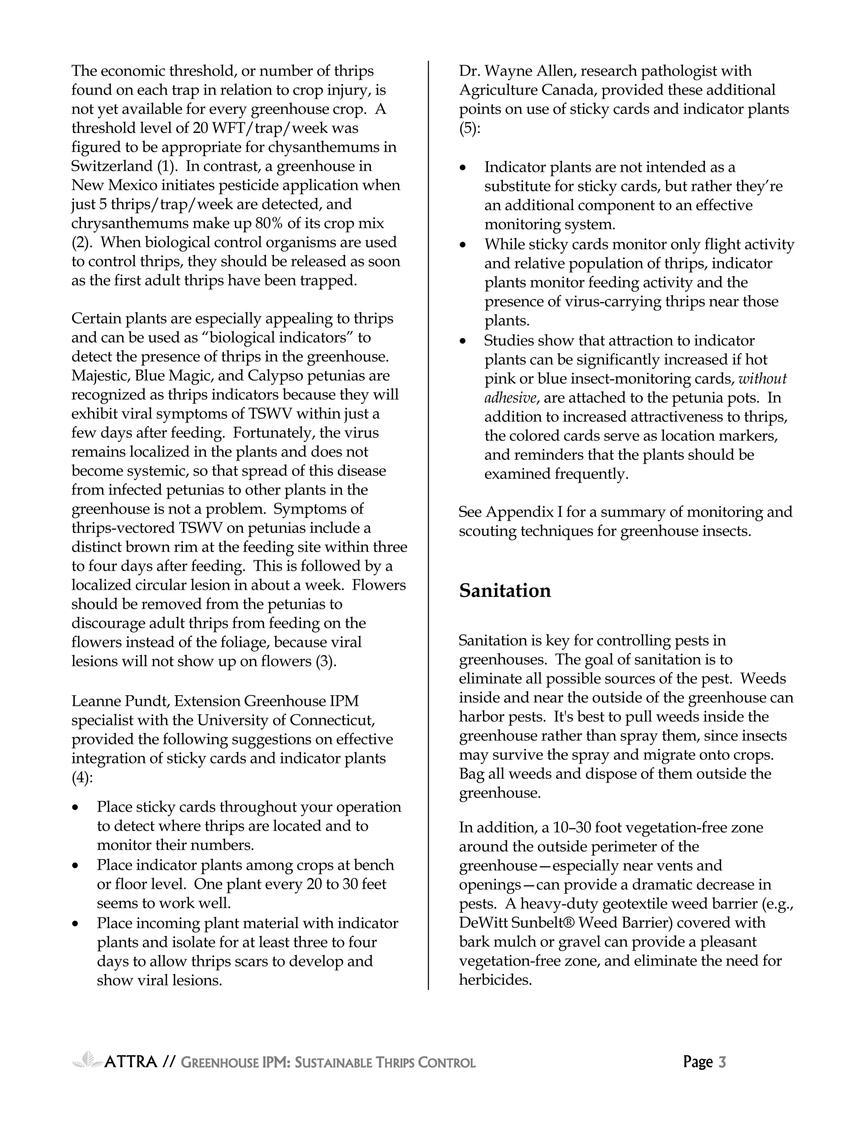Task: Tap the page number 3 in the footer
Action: point(722,1061)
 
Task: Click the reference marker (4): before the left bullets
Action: point(82,778)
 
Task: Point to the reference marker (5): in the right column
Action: point(469,128)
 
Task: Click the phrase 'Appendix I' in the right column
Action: point(523,512)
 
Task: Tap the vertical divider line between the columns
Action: point(428,514)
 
